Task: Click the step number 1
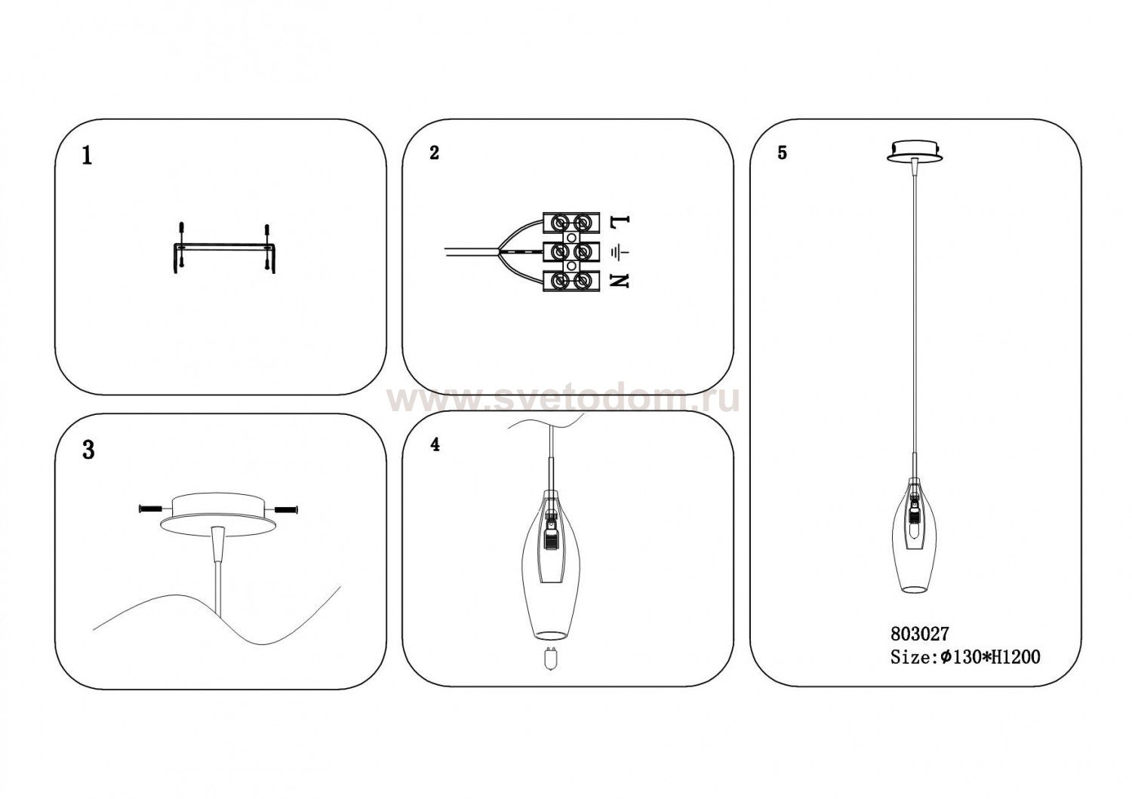click(87, 156)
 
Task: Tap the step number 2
click(434, 152)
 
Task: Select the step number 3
click(88, 450)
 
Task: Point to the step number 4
click(435, 444)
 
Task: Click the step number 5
click(783, 152)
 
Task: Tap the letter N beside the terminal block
click(620, 281)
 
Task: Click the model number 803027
click(920, 633)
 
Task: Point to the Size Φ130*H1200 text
click(965, 657)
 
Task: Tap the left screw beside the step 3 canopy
click(150, 509)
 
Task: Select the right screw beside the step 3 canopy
click(286, 509)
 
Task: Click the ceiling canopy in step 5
click(915, 152)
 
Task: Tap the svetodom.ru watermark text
click(562, 400)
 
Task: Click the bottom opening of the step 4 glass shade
click(550, 635)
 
